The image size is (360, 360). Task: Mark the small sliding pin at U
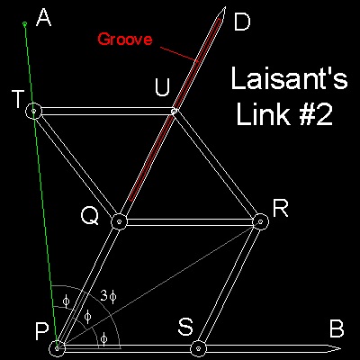[174, 112]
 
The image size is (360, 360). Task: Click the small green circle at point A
[25, 23]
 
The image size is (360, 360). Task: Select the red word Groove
[125, 40]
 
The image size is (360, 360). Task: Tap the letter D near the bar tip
[242, 22]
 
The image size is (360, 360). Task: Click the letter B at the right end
[337, 329]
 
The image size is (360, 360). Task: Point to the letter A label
[44, 18]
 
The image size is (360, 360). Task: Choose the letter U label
[162, 88]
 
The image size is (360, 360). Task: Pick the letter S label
[185, 327]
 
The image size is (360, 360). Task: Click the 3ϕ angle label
[108, 296]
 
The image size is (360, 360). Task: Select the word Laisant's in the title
[289, 79]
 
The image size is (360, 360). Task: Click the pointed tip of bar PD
[224, 7]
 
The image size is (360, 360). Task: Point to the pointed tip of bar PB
[340, 348]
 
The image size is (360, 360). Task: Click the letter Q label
[89, 217]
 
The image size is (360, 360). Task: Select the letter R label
[281, 209]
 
